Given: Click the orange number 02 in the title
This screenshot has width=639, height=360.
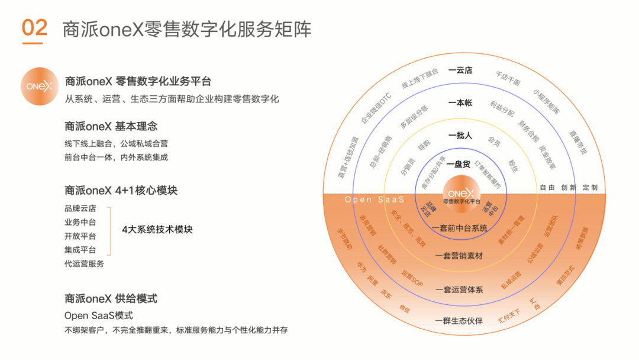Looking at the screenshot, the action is (34, 28).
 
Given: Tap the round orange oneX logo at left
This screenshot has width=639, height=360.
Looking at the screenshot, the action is (40, 87).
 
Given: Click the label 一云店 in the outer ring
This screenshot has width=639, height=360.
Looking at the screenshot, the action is (460, 70).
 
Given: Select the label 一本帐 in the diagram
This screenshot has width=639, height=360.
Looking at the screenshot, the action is (460, 102).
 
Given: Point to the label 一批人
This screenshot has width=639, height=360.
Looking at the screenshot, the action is (460, 135).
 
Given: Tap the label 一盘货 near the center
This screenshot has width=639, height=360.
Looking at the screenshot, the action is (460, 164).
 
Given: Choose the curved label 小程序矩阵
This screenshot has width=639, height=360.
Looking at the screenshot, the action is (546, 102).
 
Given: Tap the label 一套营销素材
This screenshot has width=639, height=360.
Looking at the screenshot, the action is (459, 256).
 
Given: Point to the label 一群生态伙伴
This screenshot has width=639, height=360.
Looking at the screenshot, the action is (459, 321).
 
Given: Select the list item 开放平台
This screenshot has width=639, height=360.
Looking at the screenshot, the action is (80, 236).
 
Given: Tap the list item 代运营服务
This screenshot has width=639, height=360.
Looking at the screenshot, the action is (84, 263).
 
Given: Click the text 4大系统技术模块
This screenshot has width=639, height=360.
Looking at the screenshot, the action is (157, 229).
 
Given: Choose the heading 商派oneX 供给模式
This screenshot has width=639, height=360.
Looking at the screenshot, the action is (111, 298).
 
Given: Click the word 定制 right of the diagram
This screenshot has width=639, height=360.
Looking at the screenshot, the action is (590, 188).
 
